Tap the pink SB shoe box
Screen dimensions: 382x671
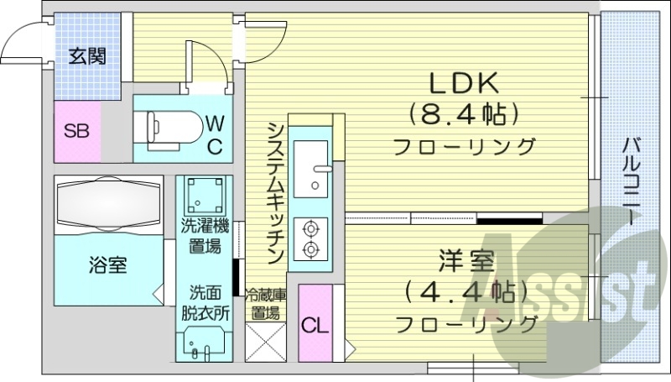click(x=76, y=131)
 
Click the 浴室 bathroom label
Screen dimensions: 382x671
click(x=107, y=266)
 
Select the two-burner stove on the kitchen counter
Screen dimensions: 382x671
click(x=311, y=238)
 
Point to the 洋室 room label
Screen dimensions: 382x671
click(x=464, y=261)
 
